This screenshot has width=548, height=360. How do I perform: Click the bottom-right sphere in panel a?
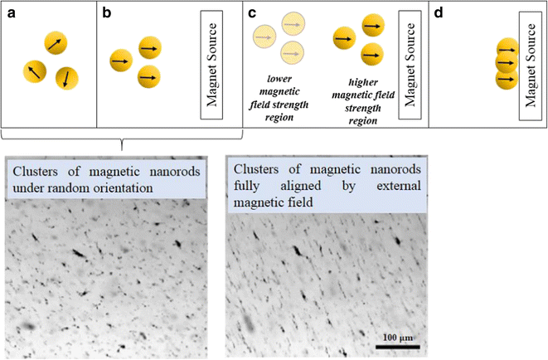[65, 78]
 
